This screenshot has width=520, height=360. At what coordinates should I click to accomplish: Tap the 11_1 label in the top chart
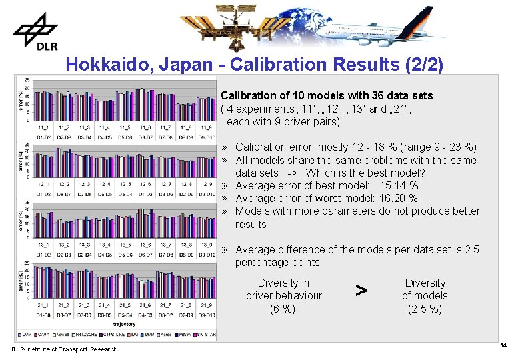43,127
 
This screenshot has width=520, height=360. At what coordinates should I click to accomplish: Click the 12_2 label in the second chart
64,185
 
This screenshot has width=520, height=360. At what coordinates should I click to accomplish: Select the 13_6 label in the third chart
145,245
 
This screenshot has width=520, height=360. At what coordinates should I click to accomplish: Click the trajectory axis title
125,325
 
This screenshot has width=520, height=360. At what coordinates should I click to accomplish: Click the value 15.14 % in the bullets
399,185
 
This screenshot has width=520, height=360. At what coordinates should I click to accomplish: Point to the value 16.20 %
398,198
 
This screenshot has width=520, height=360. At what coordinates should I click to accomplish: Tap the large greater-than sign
361,290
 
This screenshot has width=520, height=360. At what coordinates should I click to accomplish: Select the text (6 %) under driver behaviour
283,309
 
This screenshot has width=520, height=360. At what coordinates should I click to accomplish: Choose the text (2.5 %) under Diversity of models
425,309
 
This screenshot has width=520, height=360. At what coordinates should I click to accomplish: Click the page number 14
503,345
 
